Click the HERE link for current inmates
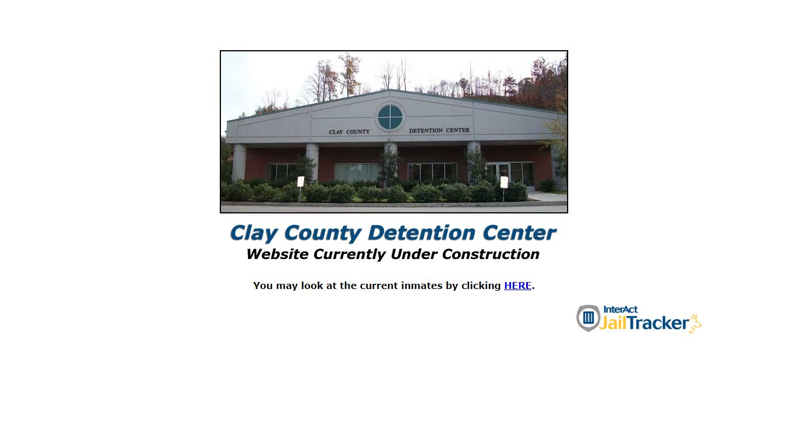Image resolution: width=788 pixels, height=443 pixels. click(517, 286)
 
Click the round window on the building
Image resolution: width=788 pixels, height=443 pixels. click(390, 117)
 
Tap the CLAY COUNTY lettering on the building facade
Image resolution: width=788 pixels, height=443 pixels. click(349, 132)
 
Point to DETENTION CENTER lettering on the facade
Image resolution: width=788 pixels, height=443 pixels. click(439, 130)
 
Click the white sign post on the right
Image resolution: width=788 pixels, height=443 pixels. click(504, 183)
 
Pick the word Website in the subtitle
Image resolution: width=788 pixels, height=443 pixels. click(277, 254)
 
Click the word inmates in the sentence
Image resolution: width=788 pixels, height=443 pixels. click(422, 286)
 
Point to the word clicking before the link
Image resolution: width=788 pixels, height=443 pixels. click(481, 286)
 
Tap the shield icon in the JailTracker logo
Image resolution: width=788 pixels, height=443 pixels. click(588, 318)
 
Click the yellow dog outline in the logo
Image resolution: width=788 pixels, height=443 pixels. click(695, 324)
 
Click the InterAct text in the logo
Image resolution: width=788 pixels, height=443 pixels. click(620, 310)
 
